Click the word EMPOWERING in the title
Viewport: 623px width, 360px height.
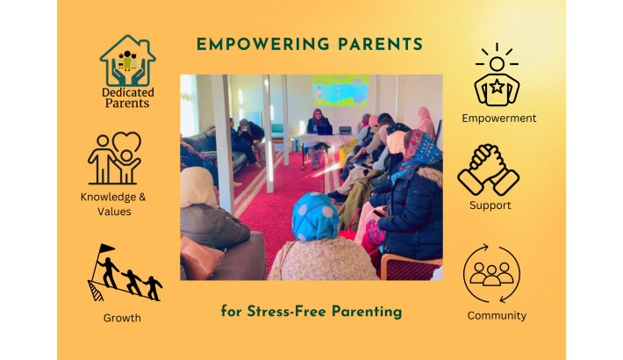[263, 44]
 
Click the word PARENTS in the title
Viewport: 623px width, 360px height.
[380, 44]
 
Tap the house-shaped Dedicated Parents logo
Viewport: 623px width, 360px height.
[127, 61]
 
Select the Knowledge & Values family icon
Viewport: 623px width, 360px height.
[114, 158]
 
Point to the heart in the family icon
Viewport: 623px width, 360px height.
[126, 140]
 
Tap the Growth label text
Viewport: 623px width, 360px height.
[122, 318]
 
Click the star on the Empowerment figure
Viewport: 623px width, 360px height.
[497, 86]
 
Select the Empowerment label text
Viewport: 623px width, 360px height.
[499, 119]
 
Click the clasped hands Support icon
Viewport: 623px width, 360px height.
[488, 169]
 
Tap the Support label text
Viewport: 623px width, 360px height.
[491, 205]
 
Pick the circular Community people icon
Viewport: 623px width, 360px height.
[491, 273]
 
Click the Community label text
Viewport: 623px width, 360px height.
[497, 315]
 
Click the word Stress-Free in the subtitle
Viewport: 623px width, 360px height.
[286, 311]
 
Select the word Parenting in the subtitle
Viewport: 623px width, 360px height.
[367, 312]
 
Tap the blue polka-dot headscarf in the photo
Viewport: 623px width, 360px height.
[315, 217]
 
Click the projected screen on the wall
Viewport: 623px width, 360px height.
[340, 90]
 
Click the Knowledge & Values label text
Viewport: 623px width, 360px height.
[114, 204]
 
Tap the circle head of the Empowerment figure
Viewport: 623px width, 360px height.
[497, 63]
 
